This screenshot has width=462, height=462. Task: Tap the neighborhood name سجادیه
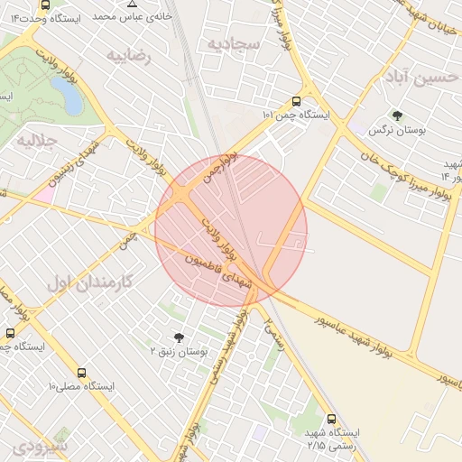click(233, 42)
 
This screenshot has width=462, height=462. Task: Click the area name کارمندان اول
click(88, 282)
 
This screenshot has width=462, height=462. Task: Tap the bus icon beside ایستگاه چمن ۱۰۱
click(297, 102)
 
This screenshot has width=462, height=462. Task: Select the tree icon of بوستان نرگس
click(396, 115)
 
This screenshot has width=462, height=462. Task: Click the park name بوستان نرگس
click(396, 131)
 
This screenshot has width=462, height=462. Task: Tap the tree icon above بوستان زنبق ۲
click(178, 337)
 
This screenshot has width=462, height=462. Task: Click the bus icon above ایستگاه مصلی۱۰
click(82, 372)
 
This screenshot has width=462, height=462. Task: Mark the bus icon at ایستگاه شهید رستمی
click(331, 419)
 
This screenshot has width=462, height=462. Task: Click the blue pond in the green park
click(66, 93)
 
